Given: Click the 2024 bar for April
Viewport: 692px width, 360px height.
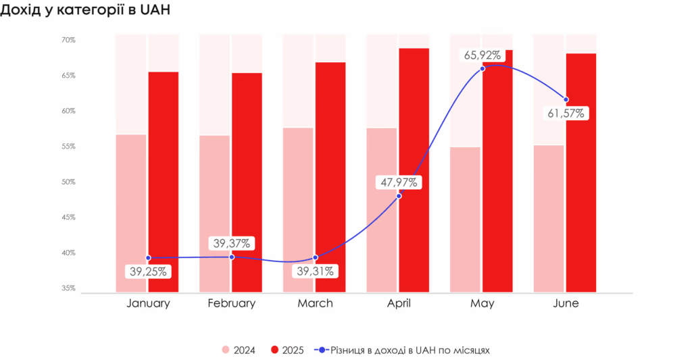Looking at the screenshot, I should coord(382,210).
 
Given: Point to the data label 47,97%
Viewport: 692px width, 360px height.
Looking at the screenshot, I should coord(399,182).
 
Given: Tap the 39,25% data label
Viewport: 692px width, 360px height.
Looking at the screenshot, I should coord(148,272).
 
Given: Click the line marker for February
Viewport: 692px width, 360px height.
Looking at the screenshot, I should coord(232,257).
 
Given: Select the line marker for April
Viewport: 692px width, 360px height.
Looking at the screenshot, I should coord(399,195).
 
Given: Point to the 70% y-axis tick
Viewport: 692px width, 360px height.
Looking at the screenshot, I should coord(68,40).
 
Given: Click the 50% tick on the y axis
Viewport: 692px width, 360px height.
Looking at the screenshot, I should coord(68,182).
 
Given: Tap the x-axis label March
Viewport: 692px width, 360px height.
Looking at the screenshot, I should coord(315,303).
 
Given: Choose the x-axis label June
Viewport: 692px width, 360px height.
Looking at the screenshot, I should coord(566,303).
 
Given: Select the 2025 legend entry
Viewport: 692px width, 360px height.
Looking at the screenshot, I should coord(288,350).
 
